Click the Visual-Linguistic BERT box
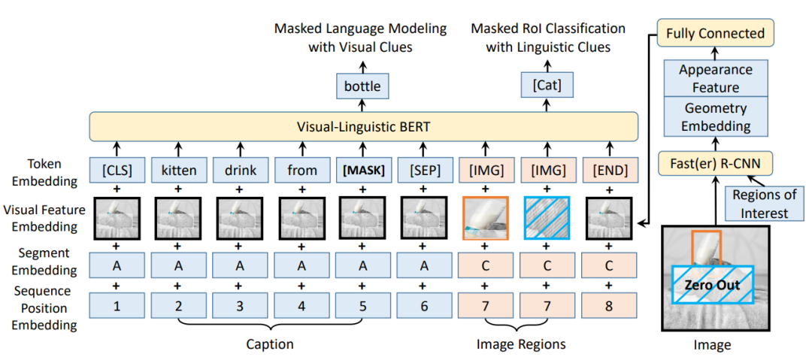coord(363,126)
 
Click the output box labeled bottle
coord(362,86)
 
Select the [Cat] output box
coord(547,84)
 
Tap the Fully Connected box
coord(715,34)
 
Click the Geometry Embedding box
coord(715,116)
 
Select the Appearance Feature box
coord(715,77)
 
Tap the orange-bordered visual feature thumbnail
coord(485,218)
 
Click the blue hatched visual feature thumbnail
coord(547,218)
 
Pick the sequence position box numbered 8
coord(608,306)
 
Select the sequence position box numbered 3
coord(240,306)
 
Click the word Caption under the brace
coord(270,344)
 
